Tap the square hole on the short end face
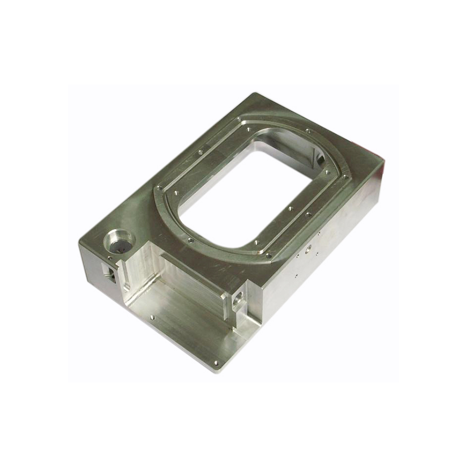[x=111, y=274]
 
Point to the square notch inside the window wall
[x=319, y=157]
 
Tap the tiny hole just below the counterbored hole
[x=110, y=258]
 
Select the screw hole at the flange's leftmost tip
[x=159, y=188]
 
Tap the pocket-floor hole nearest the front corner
[x=216, y=363]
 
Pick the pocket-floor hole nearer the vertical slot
[x=152, y=318]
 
